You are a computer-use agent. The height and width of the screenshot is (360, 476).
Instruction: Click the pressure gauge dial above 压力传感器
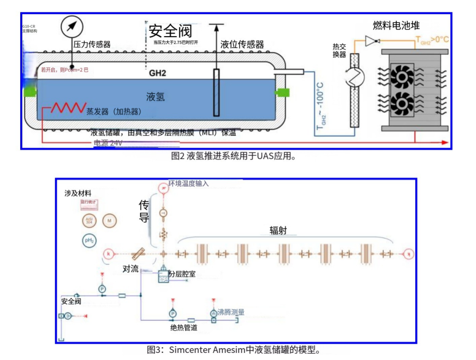click(71, 26)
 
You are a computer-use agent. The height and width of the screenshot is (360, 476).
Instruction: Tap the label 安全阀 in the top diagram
click(170, 31)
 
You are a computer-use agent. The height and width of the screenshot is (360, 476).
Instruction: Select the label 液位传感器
click(242, 45)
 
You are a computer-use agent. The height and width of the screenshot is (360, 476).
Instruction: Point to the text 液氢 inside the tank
click(156, 97)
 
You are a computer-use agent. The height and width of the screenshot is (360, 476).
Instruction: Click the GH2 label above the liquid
click(157, 73)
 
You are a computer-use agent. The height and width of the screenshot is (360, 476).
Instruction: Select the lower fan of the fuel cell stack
click(402, 104)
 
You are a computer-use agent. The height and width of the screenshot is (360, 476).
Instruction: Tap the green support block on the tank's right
click(282, 92)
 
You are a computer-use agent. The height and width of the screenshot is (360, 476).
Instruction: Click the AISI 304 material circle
click(89, 220)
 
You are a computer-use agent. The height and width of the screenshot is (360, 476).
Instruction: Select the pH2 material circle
click(89, 240)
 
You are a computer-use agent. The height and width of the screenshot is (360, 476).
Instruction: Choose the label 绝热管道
click(183, 328)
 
